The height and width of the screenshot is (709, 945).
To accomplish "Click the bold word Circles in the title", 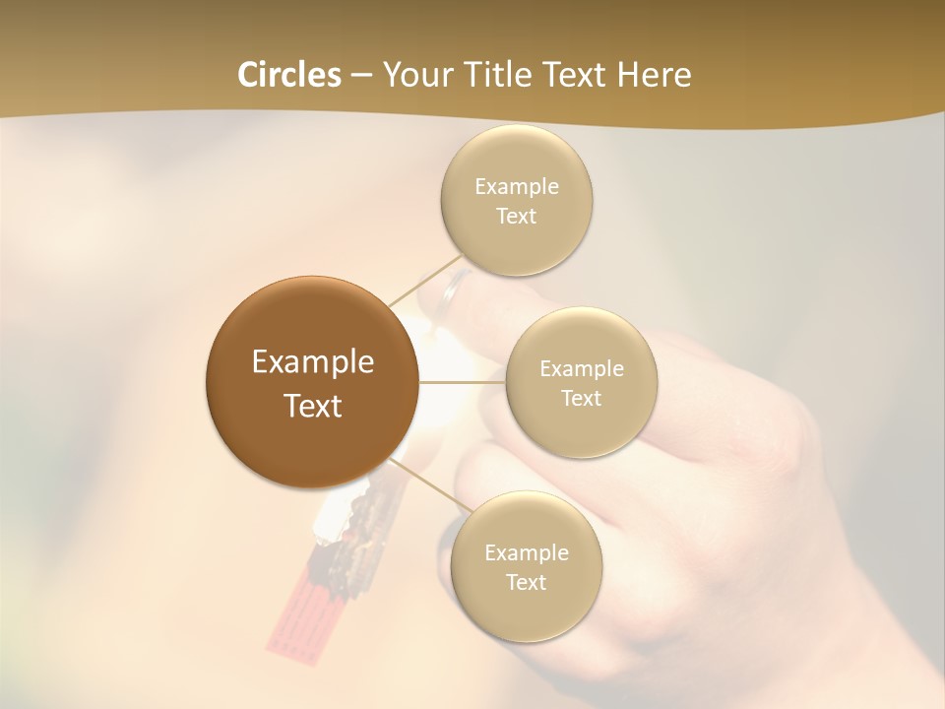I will (289, 74).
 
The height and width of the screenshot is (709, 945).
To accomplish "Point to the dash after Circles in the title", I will (361, 76).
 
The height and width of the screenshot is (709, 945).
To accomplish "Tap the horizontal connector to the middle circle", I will (462, 382).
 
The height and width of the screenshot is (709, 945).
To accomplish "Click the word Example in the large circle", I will (313, 362).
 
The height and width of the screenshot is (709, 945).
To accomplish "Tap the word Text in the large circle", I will (313, 406).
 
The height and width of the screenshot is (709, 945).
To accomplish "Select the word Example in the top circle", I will (517, 186).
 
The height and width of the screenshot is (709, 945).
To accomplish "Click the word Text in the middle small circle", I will (581, 398).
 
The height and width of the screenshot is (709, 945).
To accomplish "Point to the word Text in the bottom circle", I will (526, 582).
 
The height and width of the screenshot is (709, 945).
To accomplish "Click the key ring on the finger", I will (456, 289).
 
